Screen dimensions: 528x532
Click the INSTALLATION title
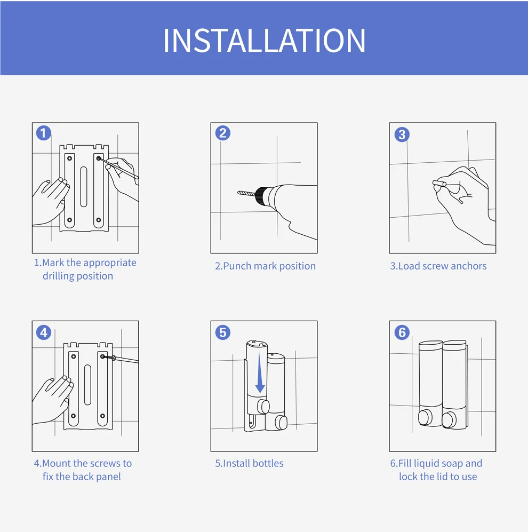(264, 41)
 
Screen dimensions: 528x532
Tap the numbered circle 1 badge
(44, 133)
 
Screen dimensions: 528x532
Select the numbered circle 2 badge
(223, 133)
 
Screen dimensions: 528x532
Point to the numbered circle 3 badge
(402, 134)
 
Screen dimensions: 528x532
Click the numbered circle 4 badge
(44, 332)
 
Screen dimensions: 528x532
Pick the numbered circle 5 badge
(223, 332)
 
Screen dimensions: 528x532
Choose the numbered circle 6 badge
(402, 332)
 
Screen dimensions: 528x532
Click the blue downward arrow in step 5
(260, 372)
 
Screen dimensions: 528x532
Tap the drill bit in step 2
(246, 193)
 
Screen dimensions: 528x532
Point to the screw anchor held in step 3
(439, 184)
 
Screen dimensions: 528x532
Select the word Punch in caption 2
(237, 266)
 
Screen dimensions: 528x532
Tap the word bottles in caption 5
(268, 464)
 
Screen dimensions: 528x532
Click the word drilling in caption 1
(58, 276)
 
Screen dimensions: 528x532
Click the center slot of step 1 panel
(84, 187)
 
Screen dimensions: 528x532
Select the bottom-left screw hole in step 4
(73, 416)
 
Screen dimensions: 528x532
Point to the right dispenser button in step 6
(449, 420)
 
